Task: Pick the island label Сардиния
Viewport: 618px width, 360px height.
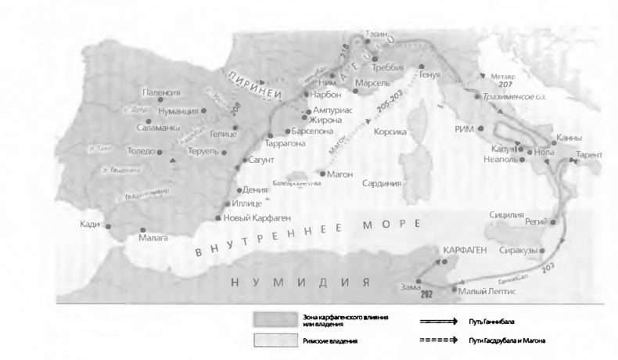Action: (382, 183)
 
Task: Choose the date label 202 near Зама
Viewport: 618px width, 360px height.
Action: (426, 295)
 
